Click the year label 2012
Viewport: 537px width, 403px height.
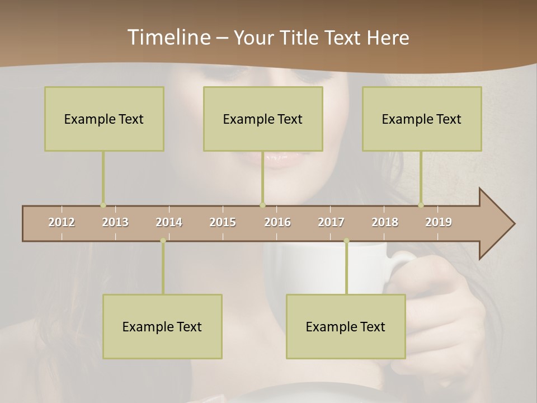[62, 222]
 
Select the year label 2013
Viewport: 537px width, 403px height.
[115, 222]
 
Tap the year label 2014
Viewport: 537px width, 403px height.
[169, 222]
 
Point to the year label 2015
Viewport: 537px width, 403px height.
[223, 222]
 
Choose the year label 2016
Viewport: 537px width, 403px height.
[277, 222]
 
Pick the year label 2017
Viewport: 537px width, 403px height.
[331, 222]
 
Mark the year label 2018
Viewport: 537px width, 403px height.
[385, 222]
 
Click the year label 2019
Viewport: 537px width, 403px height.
[439, 222]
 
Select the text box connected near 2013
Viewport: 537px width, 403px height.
[104, 119]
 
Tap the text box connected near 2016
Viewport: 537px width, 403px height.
[263, 119]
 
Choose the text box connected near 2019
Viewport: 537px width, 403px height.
[422, 119]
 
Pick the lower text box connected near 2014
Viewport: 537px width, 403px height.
[162, 326]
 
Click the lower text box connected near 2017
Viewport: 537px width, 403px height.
[346, 326]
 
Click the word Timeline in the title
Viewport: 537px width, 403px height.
[168, 38]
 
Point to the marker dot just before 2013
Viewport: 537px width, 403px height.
[103, 205]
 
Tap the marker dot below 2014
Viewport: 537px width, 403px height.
[163, 241]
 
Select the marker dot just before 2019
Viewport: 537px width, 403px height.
[421, 205]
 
